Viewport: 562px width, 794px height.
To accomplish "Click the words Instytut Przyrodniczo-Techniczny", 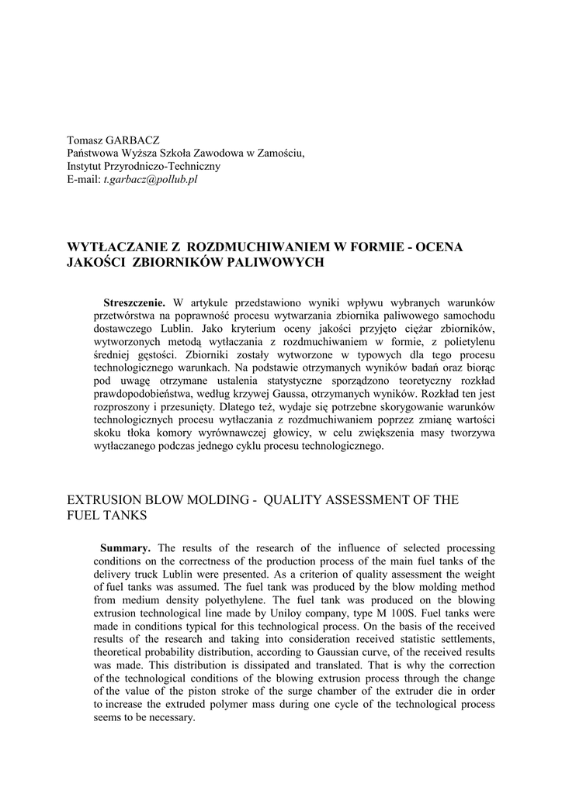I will click(144, 166).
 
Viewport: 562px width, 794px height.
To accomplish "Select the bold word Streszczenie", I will click(134, 302).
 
